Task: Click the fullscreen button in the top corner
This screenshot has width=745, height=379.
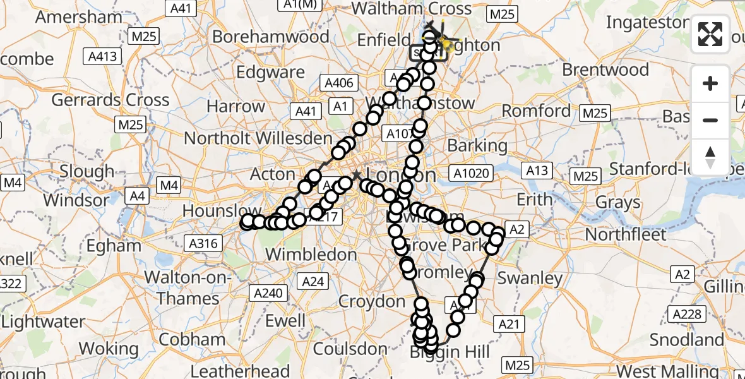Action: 710,34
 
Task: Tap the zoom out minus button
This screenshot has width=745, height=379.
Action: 710,120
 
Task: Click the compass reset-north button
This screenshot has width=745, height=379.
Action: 710,155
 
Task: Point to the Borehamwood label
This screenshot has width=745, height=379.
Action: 270,36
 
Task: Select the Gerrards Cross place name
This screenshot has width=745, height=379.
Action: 110,100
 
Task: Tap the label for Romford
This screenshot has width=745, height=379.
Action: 536,111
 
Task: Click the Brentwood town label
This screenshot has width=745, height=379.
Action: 605,69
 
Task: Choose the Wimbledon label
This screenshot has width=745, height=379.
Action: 312,255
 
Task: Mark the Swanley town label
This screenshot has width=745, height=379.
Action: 530,278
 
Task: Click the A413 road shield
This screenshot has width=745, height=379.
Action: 102,56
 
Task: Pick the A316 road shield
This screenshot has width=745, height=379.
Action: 203,243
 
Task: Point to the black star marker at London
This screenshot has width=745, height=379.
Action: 357,174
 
